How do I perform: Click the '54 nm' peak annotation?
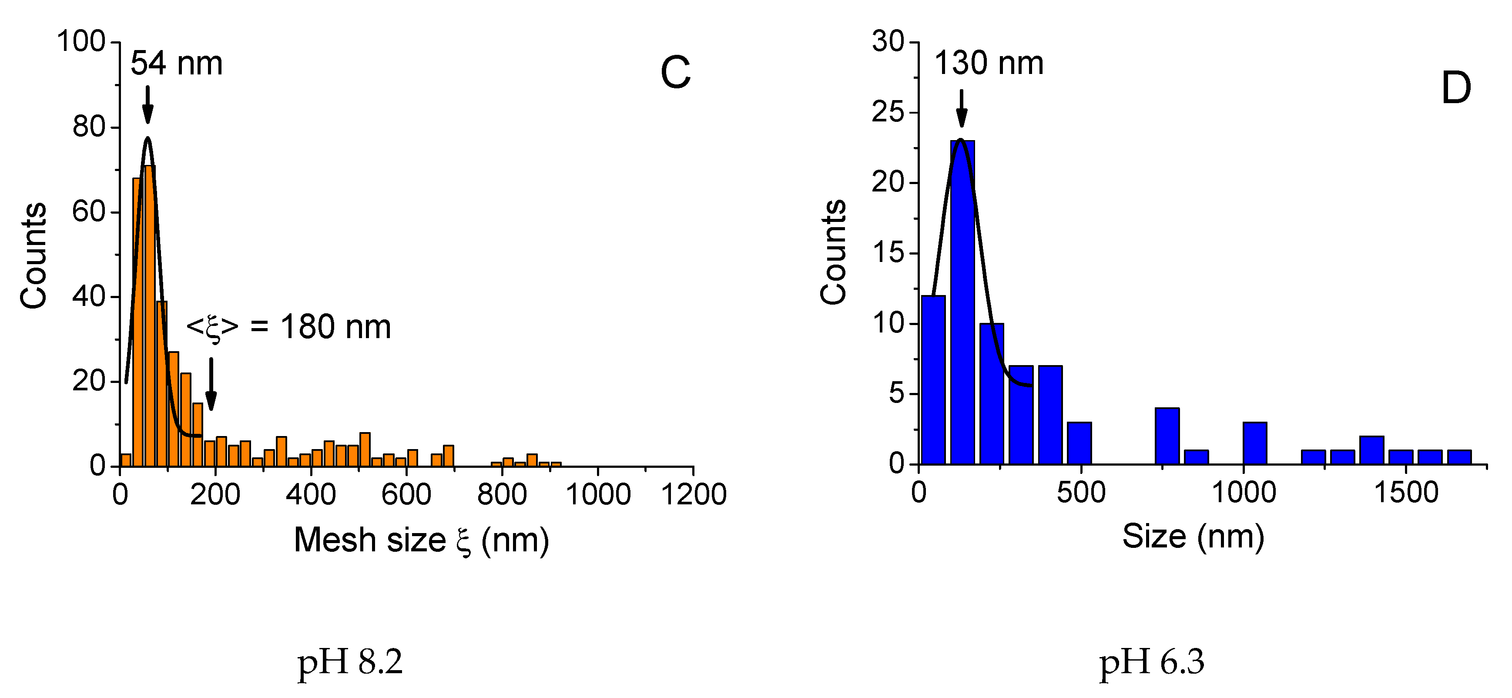pyautogui.click(x=176, y=64)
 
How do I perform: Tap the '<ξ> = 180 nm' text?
pyautogui.click(x=288, y=327)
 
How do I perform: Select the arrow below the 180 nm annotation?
pyautogui.click(x=211, y=385)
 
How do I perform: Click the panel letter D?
pyautogui.click(x=1456, y=88)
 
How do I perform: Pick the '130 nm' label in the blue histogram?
pyautogui.click(x=989, y=63)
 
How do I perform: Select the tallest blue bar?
pyautogui.click(x=962, y=302)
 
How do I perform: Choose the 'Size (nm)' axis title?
pyautogui.click(x=1193, y=537)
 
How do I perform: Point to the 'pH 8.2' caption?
pyautogui.click(x=350, y=662)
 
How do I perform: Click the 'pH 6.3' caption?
pyautogui.click(x=1152, y=662)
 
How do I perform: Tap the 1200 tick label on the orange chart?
pyautogui.click(x=694, y=494)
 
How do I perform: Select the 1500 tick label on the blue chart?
pyautogui.click(x=1406, y=492)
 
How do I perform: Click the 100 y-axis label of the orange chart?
pyautogui.click(x=80, y=42)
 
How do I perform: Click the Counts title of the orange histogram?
pyautogui.click(x=33, y=255)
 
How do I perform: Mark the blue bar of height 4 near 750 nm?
pyautogui.click(x=1167, y=436)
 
